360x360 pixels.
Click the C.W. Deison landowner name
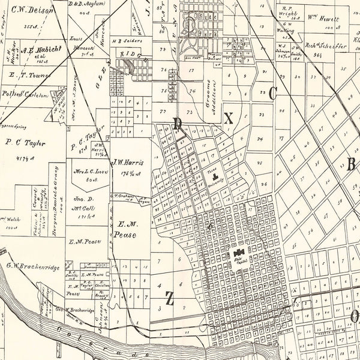28,10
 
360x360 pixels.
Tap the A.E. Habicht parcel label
41,49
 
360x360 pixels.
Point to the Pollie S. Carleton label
28,94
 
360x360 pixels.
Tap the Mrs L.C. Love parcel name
88,173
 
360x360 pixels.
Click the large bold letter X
228,118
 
